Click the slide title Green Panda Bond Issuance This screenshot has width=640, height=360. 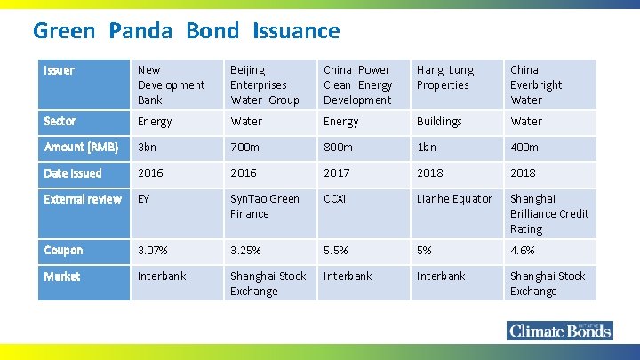click(186, 31)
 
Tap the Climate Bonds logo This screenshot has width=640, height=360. click(559, 331)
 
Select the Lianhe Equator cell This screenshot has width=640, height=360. click(454, 199)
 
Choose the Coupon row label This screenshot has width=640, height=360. click(63, 251)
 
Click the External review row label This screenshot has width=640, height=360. click(83, 199)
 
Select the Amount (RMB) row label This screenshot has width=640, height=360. click(81, 147)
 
